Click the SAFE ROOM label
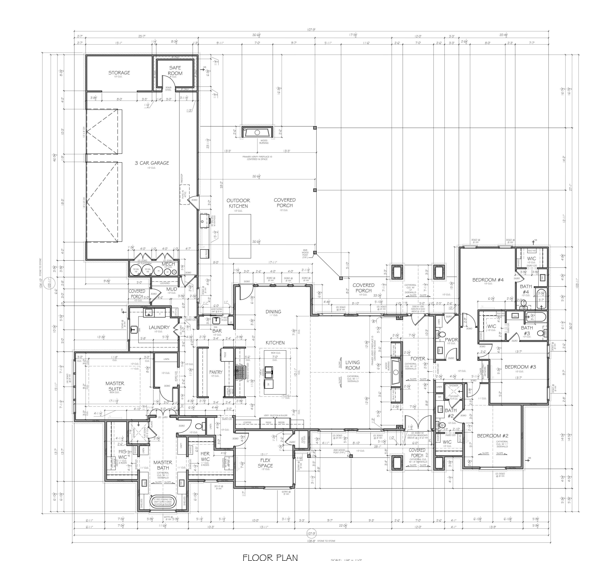(x=175, y=71)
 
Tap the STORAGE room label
(x=119, y=73)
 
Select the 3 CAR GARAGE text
(x=152, y=163)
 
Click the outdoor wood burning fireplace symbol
(x=257, y=132)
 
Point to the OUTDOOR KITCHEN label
(x=238, y=203)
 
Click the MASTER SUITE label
(x=115, y=386)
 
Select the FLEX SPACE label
(x=265, y=463)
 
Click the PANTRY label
(x=216, y=372)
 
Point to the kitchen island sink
(x=269, y=371)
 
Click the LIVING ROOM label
(x=353, y=365)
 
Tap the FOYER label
(x=418, y=359)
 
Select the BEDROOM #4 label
(x=488, y=280)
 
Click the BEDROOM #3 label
(x=520, y=367)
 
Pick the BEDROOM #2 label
(x=493, y=436)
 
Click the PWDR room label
(x=451, y=340)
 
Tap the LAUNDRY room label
(x=159, y=327)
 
